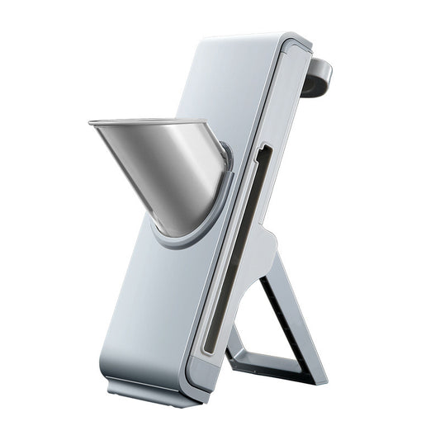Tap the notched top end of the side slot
[x=263, y=149]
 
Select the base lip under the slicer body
[x=153, y=392]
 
